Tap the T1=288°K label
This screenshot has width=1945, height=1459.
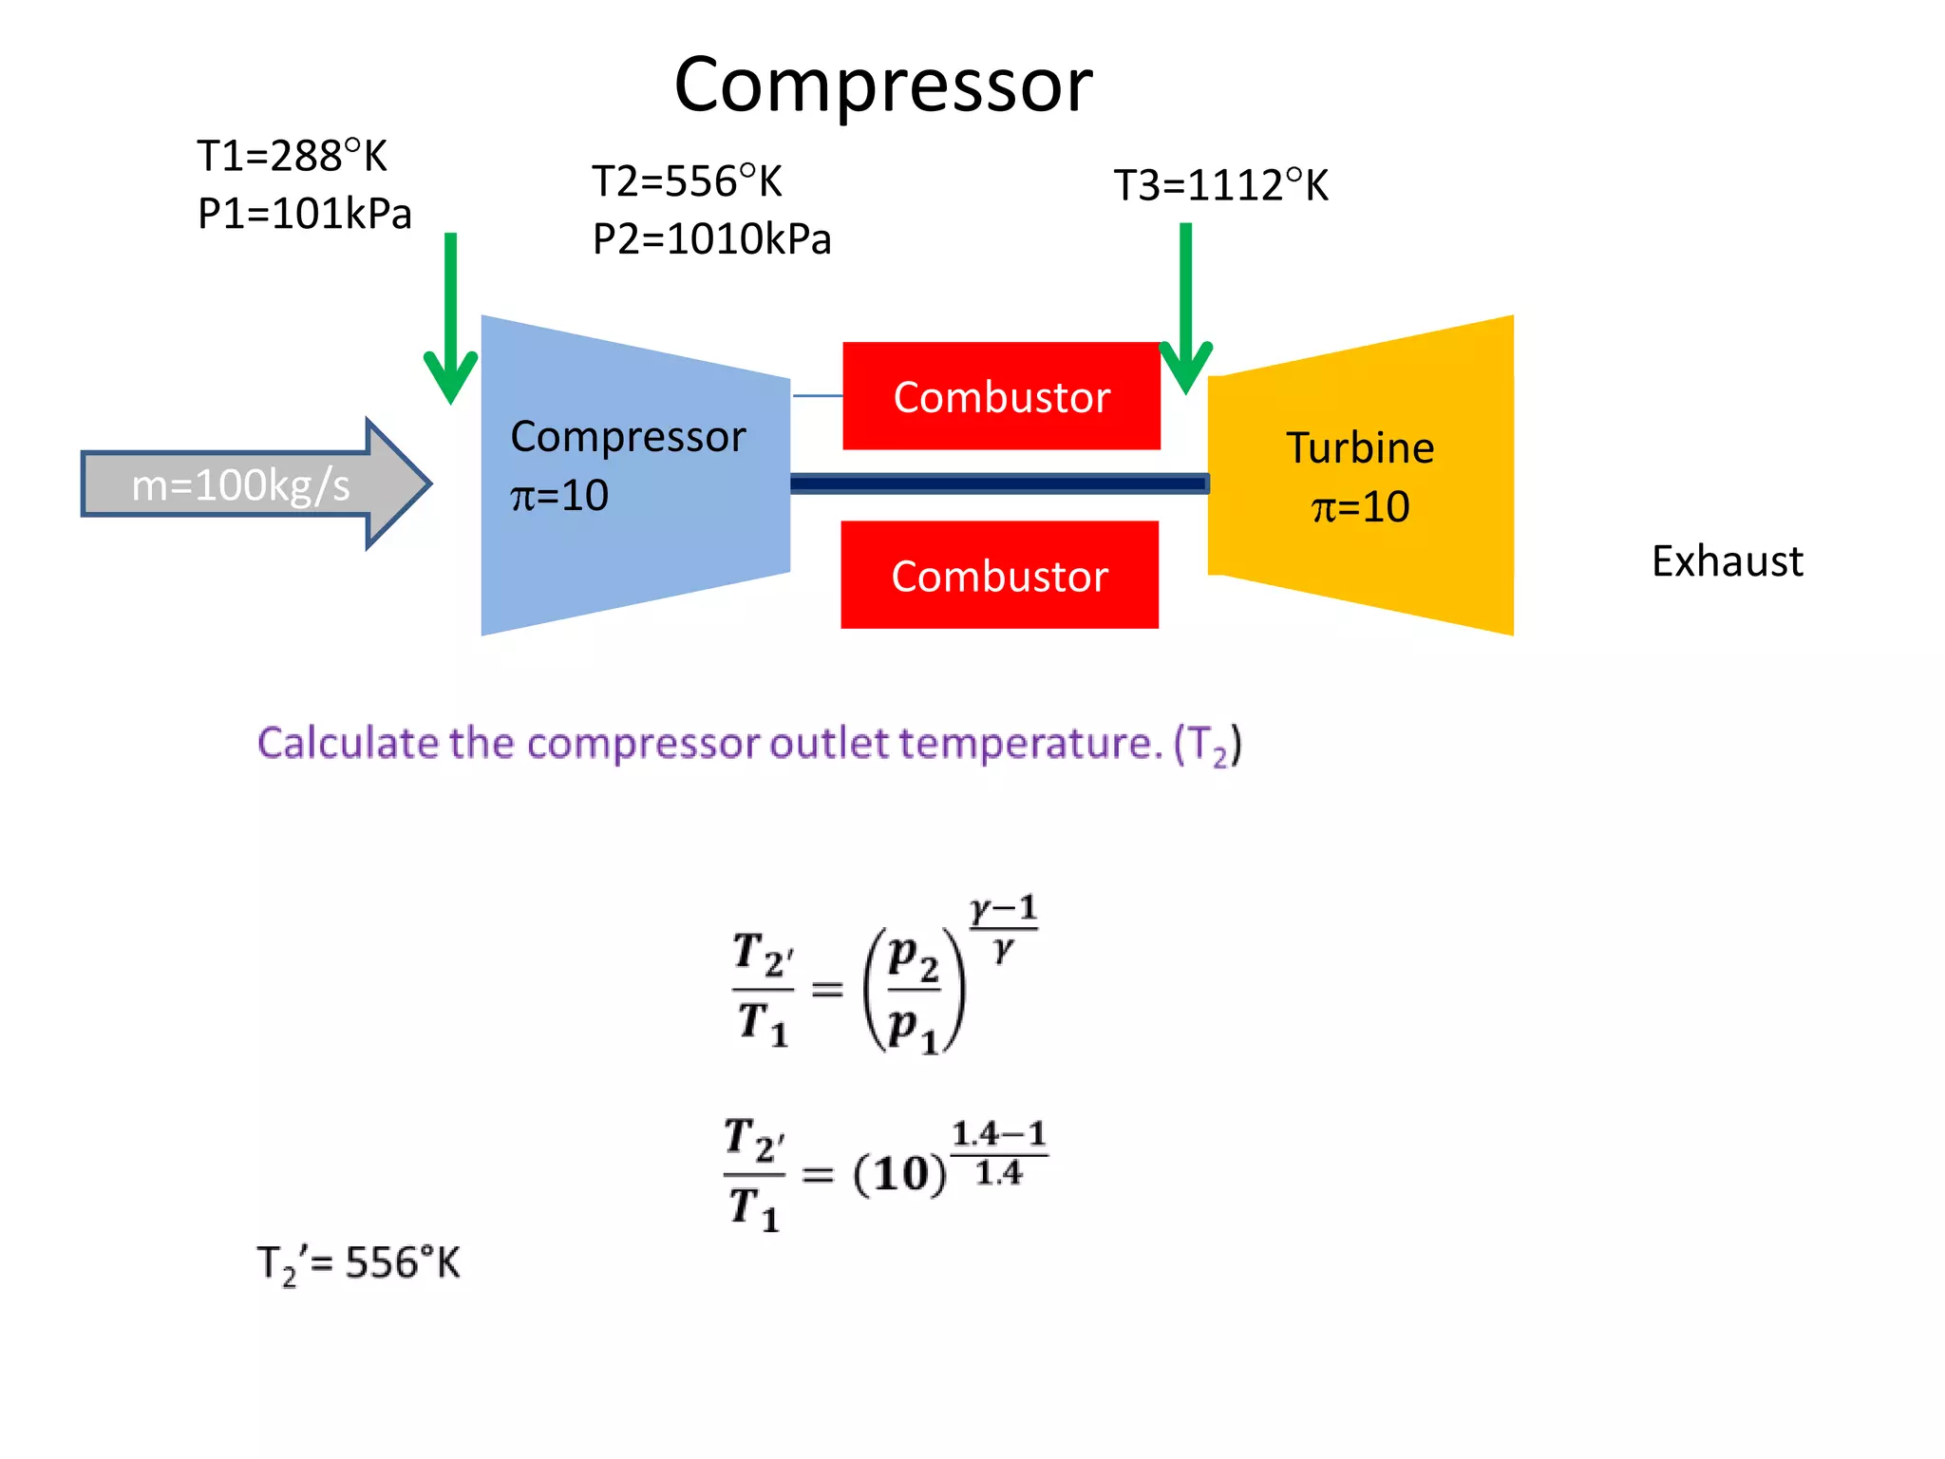(292, 156)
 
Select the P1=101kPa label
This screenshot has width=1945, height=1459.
(304, 214)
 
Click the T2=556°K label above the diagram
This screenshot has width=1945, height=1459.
(687, 181)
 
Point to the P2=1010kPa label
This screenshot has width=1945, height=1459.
(711, 239)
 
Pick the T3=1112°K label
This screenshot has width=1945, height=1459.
(1220, 185)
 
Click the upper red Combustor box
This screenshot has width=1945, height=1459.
(1001, 396)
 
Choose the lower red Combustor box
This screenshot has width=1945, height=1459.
(999, 575)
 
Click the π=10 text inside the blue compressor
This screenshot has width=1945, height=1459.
(559, 496)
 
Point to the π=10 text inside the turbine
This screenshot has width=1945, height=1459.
(1360, 507)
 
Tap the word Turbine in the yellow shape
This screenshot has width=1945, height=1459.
(1360, 448)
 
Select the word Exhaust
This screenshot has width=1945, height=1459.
(1727, 561)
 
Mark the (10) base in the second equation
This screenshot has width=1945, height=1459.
(899, 1175)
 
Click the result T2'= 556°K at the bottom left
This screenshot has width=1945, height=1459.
(358, 1264)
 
